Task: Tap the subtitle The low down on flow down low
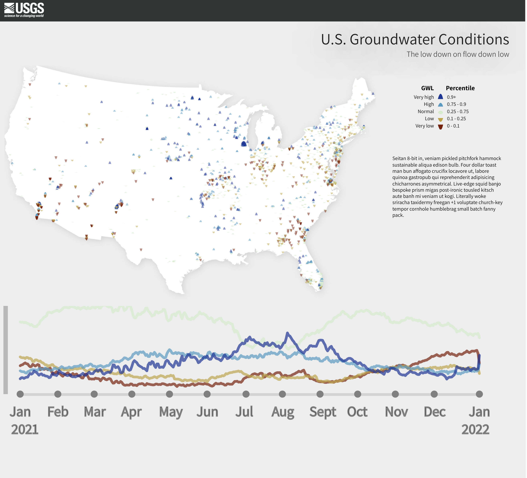[x=457, y=54]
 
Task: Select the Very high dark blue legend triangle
[x=440, y=97]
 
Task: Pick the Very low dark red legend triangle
[x=440, y=127]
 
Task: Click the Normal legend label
[x=426, y=111]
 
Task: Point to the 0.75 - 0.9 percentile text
[x=456, y=104]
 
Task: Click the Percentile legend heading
[x=460, y=88]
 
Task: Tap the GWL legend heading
[x=427, y=88]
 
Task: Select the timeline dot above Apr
[x=132, y=394]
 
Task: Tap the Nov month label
[x=396, y=412]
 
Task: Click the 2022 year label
[x=475, y=430]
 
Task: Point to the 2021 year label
[x=25, y=430]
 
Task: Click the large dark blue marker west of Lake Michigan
[x=244, y=144]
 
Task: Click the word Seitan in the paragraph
[x=399, y=159]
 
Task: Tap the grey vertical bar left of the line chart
[x=5, y=350]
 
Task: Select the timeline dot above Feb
[x=58, y=394]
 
